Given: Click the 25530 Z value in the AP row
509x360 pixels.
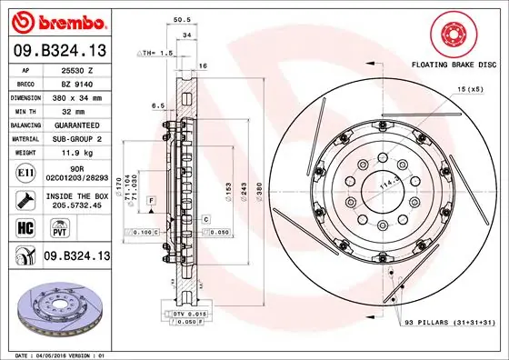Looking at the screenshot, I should [x=77, y=68].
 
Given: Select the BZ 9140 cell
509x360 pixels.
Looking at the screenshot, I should [x=77, y=83].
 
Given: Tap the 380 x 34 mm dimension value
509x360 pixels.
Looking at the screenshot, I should [x=77, y=96].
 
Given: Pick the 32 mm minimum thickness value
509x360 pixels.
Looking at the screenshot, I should [x=77, y=110].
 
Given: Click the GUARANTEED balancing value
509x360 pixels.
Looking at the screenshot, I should [x=77, y=125].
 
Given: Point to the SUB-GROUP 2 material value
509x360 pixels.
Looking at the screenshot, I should [x=77, y=138].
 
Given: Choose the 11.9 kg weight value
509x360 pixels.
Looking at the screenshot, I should [x=77, y=153].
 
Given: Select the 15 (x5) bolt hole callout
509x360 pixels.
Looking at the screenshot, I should [x=470, y=88].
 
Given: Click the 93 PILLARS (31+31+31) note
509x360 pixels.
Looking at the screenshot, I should [x=450, y=323].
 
